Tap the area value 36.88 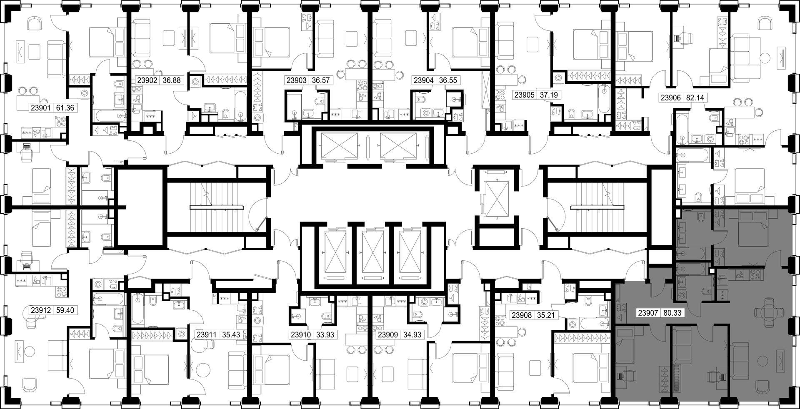[x=172, y=80]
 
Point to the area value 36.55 [x=446, y=80]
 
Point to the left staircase [x=217, y=207]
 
